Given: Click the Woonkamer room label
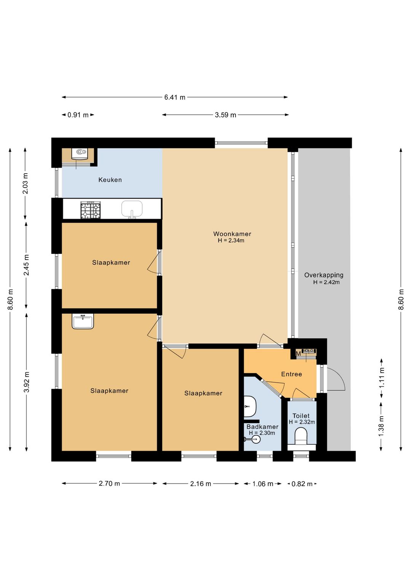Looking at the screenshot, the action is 232,234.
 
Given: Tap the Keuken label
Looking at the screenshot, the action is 110,180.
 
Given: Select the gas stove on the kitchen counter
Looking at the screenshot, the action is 91,210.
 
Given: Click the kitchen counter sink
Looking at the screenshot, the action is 132,209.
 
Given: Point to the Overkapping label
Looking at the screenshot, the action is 323,275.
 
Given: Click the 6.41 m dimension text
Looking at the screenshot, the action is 175,97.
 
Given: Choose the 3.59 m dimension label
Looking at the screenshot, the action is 225,115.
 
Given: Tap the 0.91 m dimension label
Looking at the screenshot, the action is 78,115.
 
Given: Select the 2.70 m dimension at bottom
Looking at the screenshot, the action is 109,484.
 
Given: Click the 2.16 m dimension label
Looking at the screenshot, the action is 201,484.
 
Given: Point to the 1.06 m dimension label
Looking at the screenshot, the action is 263,484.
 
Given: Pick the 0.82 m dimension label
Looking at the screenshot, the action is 302,484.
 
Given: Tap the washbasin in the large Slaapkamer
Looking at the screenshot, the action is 83,322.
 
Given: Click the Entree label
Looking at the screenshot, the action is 292,374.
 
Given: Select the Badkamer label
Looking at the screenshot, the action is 262,427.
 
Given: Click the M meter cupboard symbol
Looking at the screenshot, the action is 298,354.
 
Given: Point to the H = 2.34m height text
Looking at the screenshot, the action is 231,241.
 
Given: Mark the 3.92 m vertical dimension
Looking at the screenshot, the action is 27,381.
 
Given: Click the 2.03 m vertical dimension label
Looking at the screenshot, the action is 25,184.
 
